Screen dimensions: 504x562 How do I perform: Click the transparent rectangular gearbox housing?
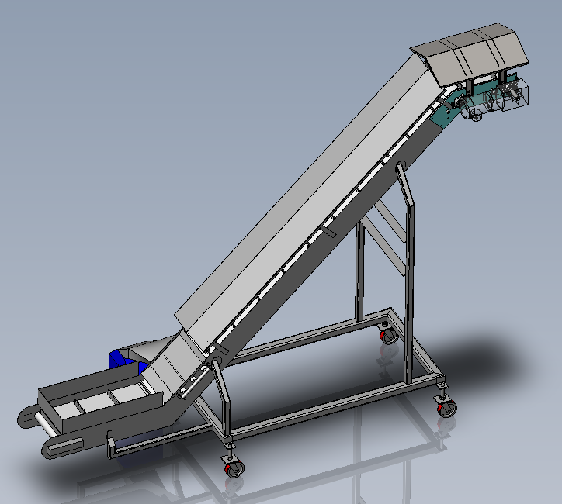click(x=512, y=95)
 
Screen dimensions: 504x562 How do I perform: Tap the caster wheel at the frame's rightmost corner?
click(x=446, y=406)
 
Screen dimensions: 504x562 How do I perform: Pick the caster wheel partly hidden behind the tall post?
click(x=387, y=335)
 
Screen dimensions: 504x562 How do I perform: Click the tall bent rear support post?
click(x=409, y=271)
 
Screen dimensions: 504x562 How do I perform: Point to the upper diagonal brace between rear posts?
click(x=388, y=221)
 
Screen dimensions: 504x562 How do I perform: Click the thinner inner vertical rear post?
click(x=359, y=271)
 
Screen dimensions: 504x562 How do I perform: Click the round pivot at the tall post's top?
click(x=401, y=166)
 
